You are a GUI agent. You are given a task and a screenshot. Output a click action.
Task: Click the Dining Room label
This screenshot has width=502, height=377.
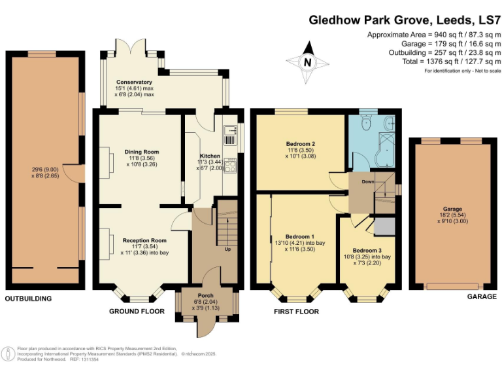pos(142,152)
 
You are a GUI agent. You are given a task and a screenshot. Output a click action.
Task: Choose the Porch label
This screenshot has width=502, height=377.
pos(206,295)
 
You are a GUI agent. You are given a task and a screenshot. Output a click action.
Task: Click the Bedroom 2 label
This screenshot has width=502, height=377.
pos(301,144)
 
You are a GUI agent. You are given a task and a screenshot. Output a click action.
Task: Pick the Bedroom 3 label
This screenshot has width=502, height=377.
pos(367,250)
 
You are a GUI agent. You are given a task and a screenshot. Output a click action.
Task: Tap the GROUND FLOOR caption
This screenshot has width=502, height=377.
pos(137,312)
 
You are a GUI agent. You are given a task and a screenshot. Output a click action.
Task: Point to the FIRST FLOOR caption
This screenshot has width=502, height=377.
pos(296,312)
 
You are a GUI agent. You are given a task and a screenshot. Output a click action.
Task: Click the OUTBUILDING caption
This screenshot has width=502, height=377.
pos(28,298)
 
